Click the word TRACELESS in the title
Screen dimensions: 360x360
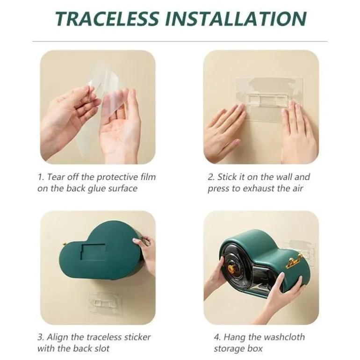click(x=107, y=19)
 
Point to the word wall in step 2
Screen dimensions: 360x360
click(x=283, y=177)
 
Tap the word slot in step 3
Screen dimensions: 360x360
click(x=102, y=348)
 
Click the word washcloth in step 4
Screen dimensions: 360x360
click(x=284, y=337)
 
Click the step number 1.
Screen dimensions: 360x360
click(x=41, y=177)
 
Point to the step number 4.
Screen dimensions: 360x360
click(x=217, y=337)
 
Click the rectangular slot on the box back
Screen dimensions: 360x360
click(x=94, y=252)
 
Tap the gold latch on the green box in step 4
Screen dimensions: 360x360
click(x=294, y=260)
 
